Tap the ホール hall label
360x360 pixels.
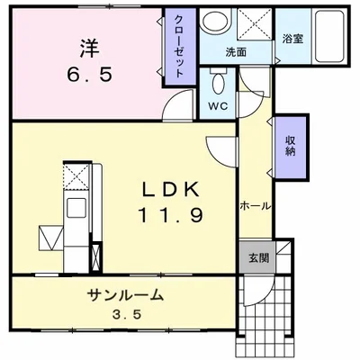tap(255, 206)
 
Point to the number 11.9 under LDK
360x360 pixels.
tap(171, 215)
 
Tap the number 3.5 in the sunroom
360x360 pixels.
tap(125, 317)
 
